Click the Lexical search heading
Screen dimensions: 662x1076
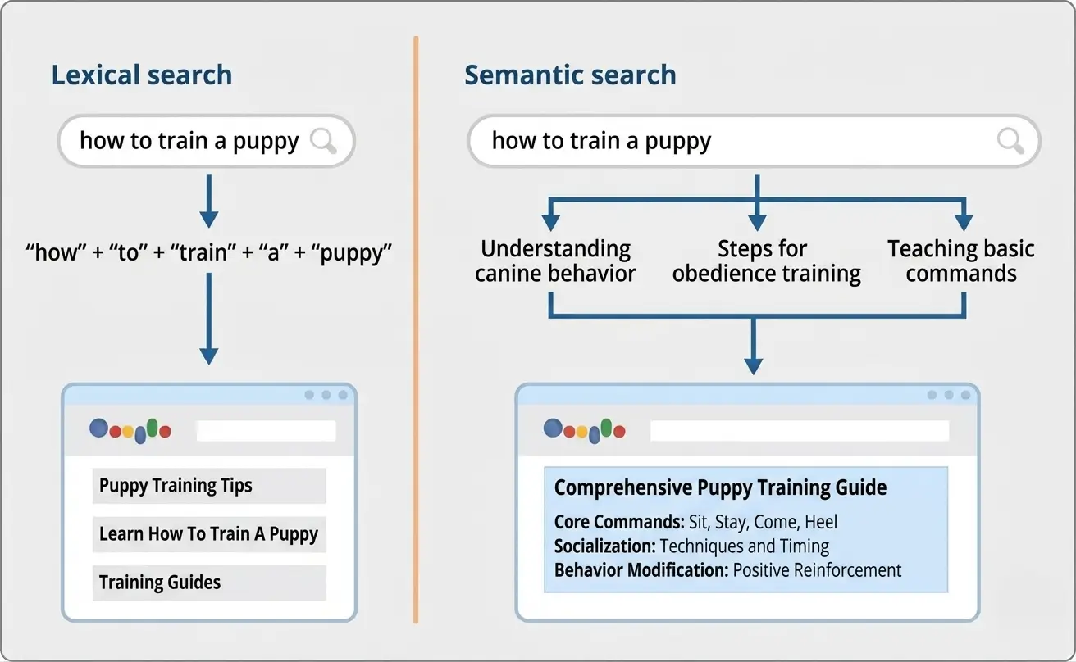(142, 75)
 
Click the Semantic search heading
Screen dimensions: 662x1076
(570, 75)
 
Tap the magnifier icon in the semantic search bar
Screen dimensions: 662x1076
(1010, 141)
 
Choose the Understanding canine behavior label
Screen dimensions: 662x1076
(555, 261)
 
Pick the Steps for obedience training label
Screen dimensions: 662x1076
(766, 261)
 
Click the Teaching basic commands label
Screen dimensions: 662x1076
(960, 261)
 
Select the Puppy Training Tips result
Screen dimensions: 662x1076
(176, 486)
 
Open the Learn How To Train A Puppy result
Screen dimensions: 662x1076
(208, 534)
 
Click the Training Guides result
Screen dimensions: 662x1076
(160, 583)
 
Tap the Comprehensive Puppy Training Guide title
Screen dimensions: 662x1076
(720, 488)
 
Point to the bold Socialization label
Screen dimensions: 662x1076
(604, 546)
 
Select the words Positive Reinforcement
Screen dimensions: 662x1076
(817, 570)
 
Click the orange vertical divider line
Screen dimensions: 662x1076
(416, 328)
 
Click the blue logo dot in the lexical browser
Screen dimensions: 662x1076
(98, 428)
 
